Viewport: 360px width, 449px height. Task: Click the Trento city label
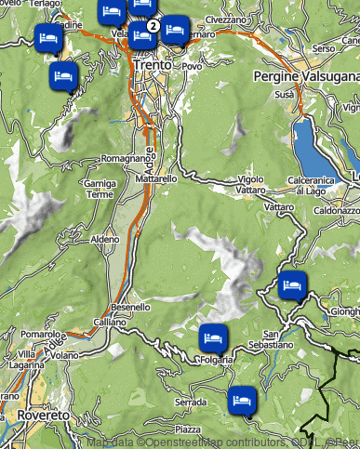coord(152,67)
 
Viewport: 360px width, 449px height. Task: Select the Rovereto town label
coord(43,415)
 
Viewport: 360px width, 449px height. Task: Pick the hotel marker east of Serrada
coord(242,399)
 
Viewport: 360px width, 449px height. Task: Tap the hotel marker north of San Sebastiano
coord(292,285)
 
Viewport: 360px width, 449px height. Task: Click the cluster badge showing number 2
coord(153,25)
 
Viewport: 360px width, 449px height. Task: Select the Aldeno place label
coord(105,240)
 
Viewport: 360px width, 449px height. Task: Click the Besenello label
coord(130,307)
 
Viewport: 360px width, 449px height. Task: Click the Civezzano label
coord(226,19)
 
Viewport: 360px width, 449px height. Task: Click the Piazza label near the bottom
coord(187,429)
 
